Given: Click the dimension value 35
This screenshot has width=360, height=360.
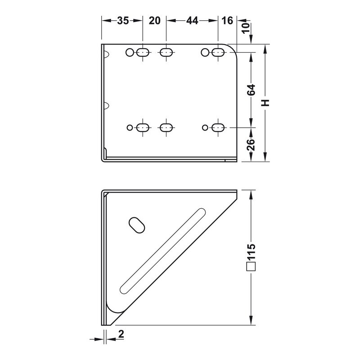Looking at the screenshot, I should point(123,21).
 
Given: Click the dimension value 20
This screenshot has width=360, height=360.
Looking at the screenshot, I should point(154,21).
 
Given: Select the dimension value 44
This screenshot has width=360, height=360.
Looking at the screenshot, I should point(192,21).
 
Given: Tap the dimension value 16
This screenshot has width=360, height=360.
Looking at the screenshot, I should point(227,21).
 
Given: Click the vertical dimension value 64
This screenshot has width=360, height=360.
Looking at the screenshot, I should point(251,90).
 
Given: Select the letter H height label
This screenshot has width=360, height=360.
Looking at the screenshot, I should point(266,103).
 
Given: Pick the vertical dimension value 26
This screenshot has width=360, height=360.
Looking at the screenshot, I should point(251,144).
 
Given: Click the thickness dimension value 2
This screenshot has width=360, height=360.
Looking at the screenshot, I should point(121,333).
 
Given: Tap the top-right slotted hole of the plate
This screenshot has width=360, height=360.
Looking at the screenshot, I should point(218,53).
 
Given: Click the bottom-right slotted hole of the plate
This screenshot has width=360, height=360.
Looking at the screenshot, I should point(218,128).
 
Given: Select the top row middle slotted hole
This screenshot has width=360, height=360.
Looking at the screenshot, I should point(166,53).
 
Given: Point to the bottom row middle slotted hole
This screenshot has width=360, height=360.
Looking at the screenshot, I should point(166,128).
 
